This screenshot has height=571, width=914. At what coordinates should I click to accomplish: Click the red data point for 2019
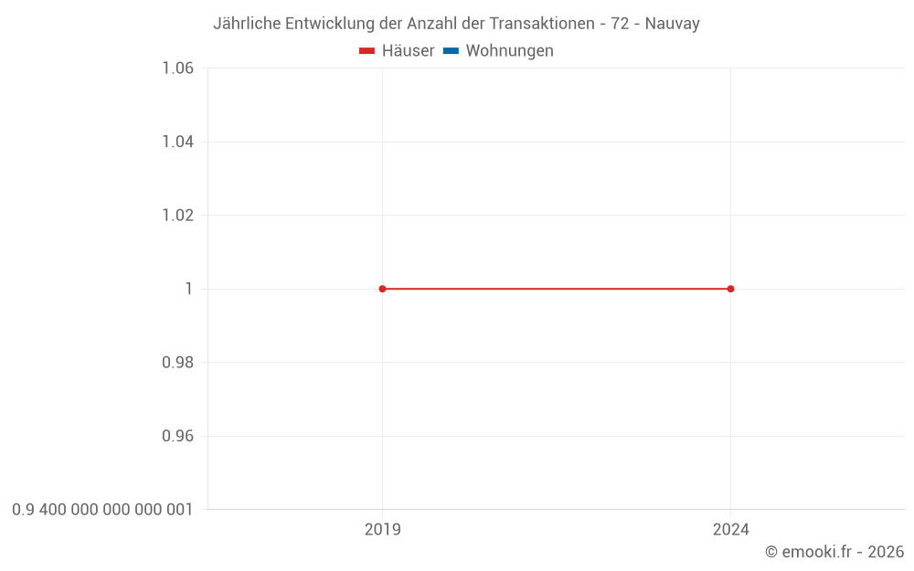click(x=382, y=289)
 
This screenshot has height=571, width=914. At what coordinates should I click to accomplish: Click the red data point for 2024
click(x=730, y=289)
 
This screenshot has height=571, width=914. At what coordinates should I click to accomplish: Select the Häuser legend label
click(x=408, y=51)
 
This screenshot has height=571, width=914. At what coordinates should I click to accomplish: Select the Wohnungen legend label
click(x=509, y=51)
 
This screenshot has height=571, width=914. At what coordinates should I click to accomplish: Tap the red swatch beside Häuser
click(x=367, y=51)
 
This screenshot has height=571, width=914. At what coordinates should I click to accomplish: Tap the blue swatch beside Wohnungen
click(x=451, y=51)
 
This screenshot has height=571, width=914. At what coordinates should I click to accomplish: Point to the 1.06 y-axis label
click(x=177, y=69)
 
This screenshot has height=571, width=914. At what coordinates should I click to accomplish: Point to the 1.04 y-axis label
click(x=177, y=142)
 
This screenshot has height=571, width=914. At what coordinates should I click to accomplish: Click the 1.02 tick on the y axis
click(x=177, y=216)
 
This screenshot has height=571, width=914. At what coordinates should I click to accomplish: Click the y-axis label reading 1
click(x=189, y=289)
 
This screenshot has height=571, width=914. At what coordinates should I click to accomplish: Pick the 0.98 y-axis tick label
click(x=177, y=363)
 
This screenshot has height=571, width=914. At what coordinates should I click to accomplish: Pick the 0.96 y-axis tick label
click(x=177, y=436)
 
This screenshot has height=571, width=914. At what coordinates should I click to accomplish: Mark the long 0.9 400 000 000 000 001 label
click(x=102, y=510)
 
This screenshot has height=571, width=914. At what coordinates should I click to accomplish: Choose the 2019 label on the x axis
click(x=382, y=529)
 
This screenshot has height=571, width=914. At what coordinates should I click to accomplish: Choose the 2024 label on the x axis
click(x=730, y=529)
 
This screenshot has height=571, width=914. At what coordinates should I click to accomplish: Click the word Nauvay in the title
click(x=672, y=24)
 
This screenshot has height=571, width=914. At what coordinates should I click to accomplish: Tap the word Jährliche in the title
click(x=248, y=24)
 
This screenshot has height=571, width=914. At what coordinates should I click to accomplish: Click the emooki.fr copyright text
click(x=834, y=552)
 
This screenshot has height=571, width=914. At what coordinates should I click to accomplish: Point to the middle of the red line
click(x=556, y=289)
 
